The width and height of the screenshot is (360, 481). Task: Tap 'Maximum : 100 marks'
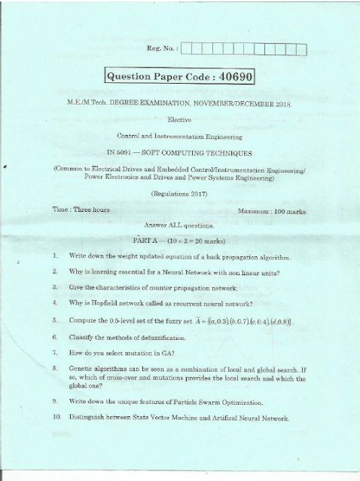pos(271,212)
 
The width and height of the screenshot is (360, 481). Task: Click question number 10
pos(56,417)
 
